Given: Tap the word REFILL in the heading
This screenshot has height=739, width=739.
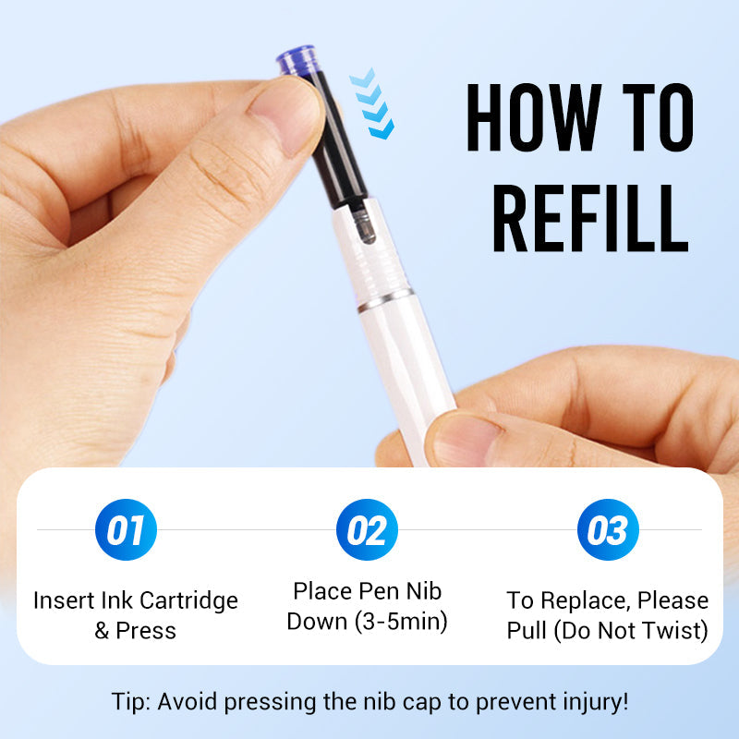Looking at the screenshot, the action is point(590,219).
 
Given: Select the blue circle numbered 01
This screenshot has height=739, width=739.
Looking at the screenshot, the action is point(126,529).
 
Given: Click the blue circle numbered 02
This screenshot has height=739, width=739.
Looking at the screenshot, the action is point(367,529).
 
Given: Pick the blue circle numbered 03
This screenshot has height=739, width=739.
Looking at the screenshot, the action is point(608,529).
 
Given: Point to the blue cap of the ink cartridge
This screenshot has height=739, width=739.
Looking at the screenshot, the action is point(297,59).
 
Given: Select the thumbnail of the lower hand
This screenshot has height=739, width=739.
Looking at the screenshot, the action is point(464,442).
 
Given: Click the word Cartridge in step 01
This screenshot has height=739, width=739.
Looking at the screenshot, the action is point(189,602).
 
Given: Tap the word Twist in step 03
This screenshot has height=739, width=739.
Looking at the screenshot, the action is point(681,631).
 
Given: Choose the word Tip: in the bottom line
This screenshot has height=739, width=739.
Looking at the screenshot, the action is point(130,702).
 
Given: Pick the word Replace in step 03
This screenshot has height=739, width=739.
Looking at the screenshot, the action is point(586,602).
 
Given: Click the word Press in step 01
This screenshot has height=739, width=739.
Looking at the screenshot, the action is point(146,631).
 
